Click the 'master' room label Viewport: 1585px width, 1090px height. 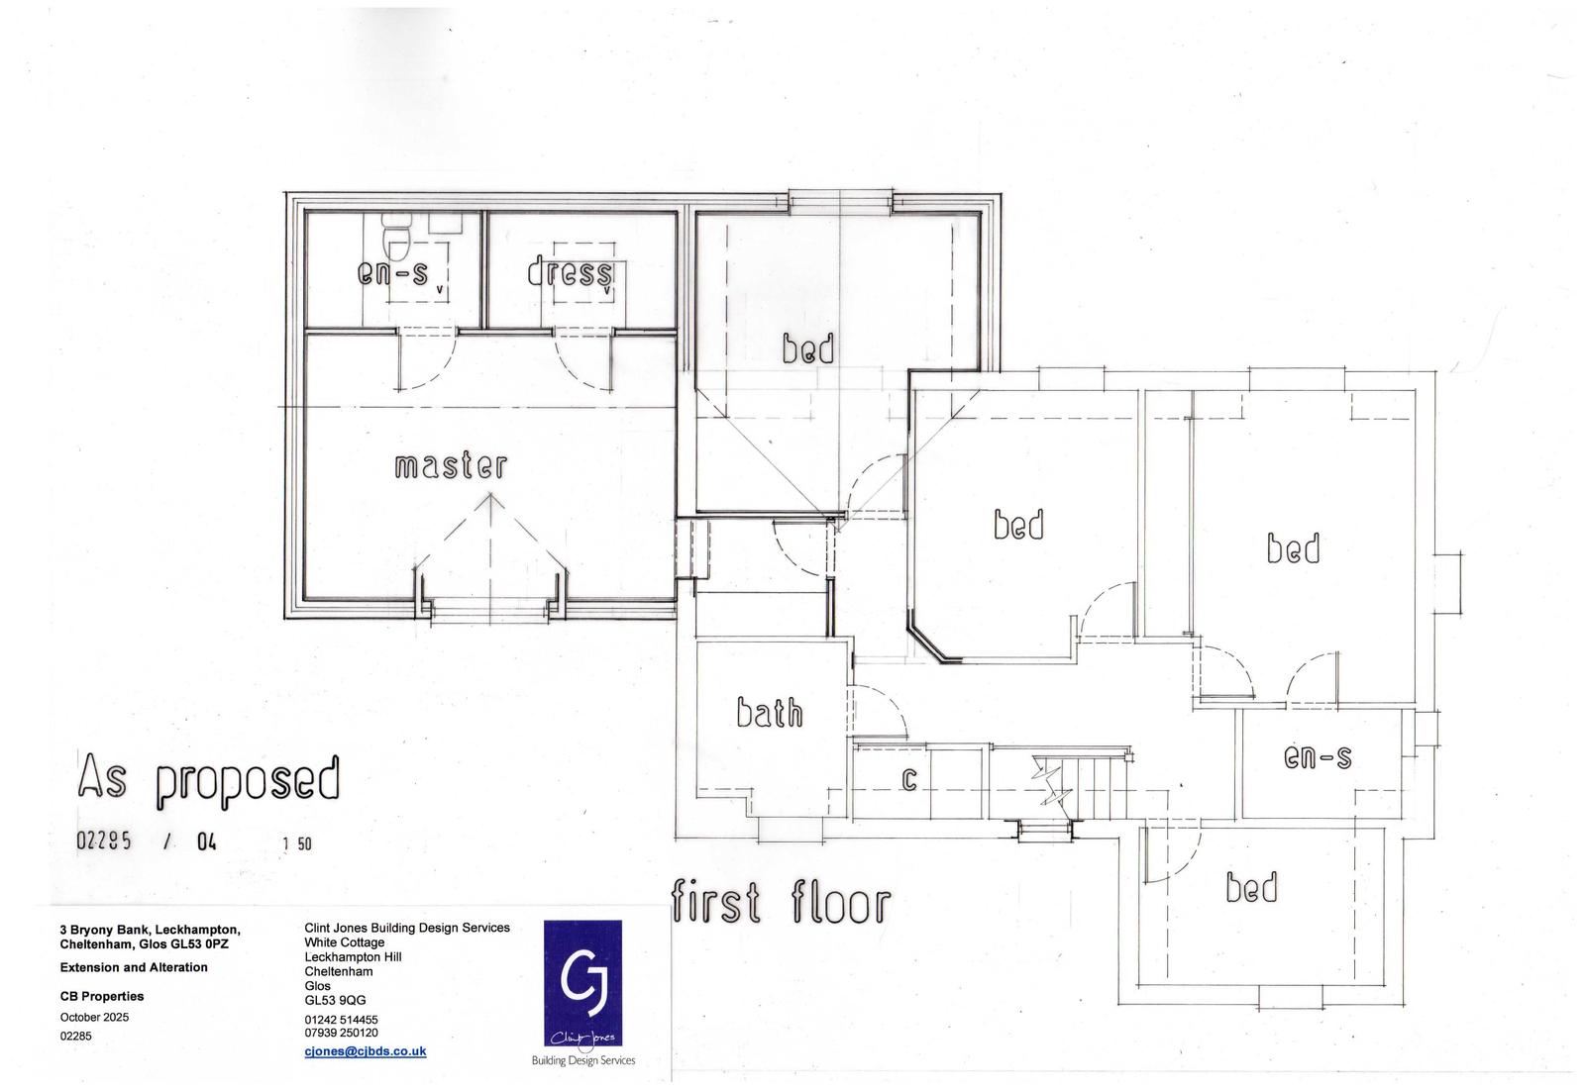(x=451, y=465)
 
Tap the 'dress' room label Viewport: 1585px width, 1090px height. (x=570, y=272)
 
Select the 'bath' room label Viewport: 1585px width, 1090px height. (x=769, y=712)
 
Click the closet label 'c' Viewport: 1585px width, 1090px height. (x=909, y=779)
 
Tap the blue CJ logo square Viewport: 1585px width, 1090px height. (x=582, y=982)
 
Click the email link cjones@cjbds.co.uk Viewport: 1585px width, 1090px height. (x=366, y=1051)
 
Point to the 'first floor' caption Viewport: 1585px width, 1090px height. (x=782, y=902)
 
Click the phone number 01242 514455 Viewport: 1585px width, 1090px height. (x=341, y=1020)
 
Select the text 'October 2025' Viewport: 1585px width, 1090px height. (x=94, y=1017)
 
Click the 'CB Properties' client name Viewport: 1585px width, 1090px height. (x=102, y=996)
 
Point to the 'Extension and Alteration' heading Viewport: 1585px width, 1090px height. (x=134, y=967)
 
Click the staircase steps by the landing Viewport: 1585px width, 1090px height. (x=1096, y=786)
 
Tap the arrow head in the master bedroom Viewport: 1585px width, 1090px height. (x=489, y=502)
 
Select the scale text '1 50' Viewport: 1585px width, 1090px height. (x=297, y=843)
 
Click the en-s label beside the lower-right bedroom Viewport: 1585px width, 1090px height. (x=1318, y=758)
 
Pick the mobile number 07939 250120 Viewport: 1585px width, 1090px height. (x=341, y=1033)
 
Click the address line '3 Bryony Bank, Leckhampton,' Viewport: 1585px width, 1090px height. (x=150, y=930)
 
